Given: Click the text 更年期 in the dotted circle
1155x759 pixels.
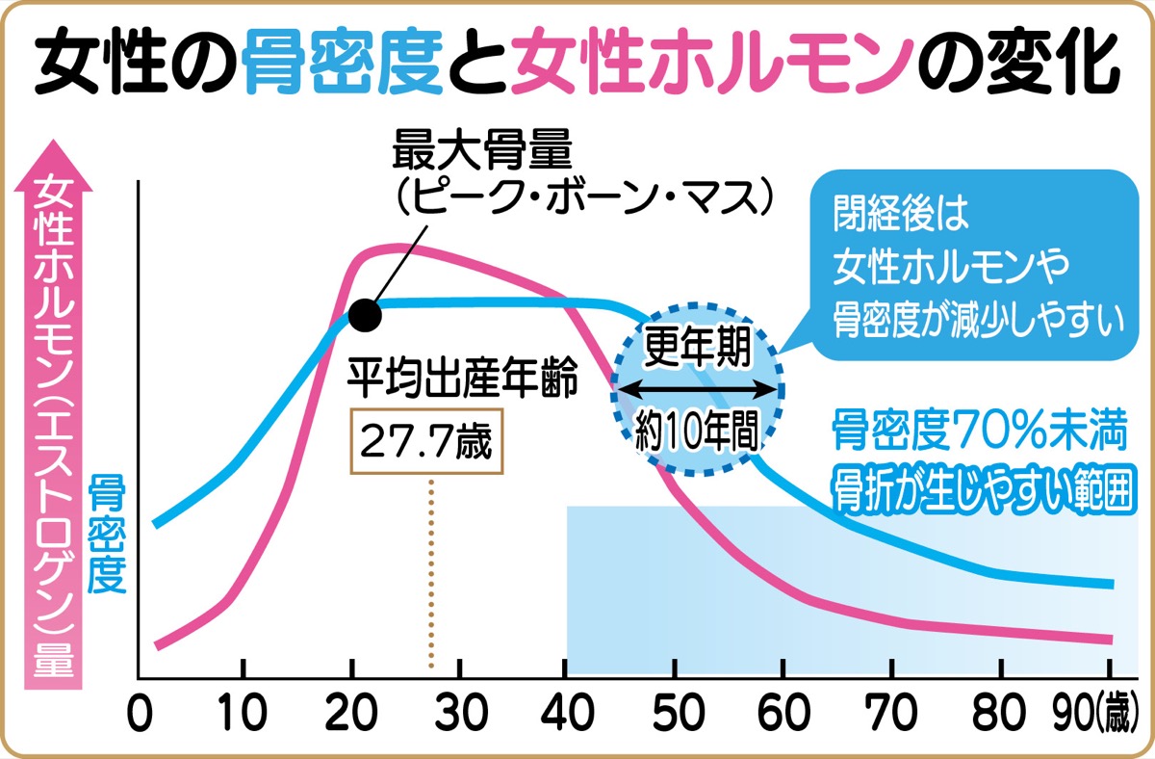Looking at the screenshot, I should point(696,345).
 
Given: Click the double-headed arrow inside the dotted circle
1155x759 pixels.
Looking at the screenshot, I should point(697,388).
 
